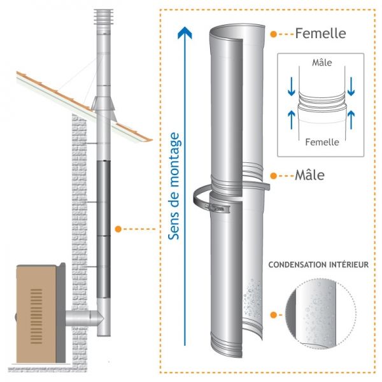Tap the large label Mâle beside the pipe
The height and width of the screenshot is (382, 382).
tap(309, 174)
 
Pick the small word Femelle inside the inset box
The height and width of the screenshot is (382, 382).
tap(322, 142)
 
